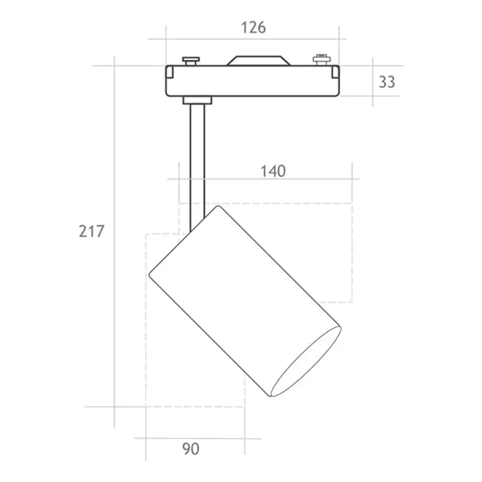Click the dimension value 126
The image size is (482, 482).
point(254,27)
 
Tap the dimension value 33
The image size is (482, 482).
point(387,82)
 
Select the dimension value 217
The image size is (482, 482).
point(92,231)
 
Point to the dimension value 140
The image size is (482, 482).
point(273,171)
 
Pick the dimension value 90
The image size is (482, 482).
point(191,449)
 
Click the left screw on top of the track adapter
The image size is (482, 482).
point(191,61)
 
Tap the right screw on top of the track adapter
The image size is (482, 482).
point(321,60)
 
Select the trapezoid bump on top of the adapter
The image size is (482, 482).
point(258,61)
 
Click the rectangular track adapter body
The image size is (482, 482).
point(253,81)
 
